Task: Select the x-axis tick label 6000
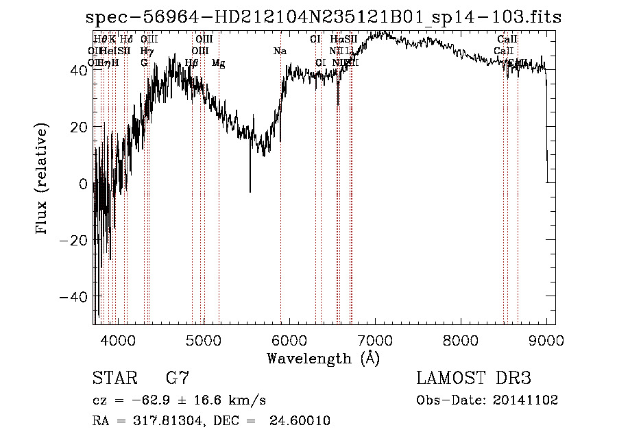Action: (x=289, y=339)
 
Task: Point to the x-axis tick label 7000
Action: (x=375, y=339)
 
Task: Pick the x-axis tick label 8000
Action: (x=461, y=339)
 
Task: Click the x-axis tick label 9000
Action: (x=546, y=339)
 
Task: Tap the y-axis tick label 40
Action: (x=78, y=70)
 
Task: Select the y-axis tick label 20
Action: (x=78, y=127)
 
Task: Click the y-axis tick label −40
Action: (x=74, y=297)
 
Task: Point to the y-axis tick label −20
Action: (x=74, y=240)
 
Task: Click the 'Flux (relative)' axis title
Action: (x=43, y=180)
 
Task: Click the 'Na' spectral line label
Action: (x=280, y=51)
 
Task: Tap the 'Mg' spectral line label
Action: (x=219, y=63)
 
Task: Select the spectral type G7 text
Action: (x=178, y=378)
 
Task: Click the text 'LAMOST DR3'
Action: (x=474, y=378)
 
